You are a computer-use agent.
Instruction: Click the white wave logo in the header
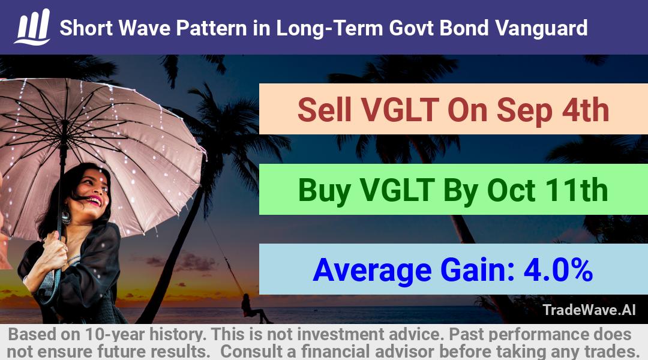coord(32,27)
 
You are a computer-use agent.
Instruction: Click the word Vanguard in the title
coord(541,29)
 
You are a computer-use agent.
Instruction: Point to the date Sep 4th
coord(553,110)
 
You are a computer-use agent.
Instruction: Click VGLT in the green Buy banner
coord(397,190)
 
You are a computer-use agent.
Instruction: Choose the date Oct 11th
coord(547,190)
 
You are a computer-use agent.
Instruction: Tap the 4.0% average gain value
coord(558,270)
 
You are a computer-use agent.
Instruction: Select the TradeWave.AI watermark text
coord(589,310)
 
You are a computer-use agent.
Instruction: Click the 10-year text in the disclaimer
coord(115,334)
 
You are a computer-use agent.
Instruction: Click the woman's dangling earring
coord(66,217)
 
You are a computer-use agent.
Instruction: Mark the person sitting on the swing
coord(253,309)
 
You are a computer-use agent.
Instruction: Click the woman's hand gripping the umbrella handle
coord(55,250)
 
